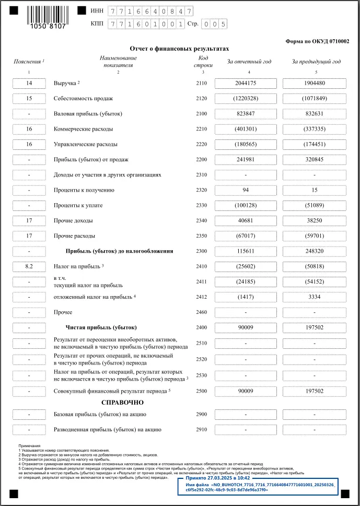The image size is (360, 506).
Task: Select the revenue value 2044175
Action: click(245, 83)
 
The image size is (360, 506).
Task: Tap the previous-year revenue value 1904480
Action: click(313, 83)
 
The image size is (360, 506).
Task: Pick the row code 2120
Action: click(202, 98)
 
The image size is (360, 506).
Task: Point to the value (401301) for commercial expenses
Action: click(245, 129)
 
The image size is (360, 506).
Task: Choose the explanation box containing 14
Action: click(29, 83)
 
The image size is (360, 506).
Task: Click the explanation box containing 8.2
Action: click(29, 266)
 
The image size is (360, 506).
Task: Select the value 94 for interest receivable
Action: click(245, 190)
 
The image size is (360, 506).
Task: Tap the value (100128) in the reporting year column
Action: click(245, 205)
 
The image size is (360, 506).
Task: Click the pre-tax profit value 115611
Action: click(245, 251)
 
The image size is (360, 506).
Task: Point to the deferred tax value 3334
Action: click(313, 297)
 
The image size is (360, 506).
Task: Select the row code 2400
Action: click(202, 327)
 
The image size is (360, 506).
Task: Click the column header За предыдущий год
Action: click(316, 62)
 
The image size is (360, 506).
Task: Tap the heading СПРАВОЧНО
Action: click(122, 403)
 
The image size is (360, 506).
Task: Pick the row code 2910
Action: click(202, 430)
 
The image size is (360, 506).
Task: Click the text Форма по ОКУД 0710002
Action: click(318, 41)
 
